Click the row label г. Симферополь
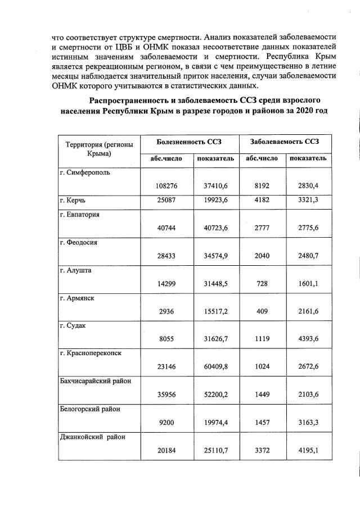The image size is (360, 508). (85, 173)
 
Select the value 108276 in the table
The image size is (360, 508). (166, 185)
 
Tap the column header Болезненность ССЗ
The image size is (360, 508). (188, 143)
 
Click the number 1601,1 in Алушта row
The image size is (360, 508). (308, 284)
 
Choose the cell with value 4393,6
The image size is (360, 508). (308, 339)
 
